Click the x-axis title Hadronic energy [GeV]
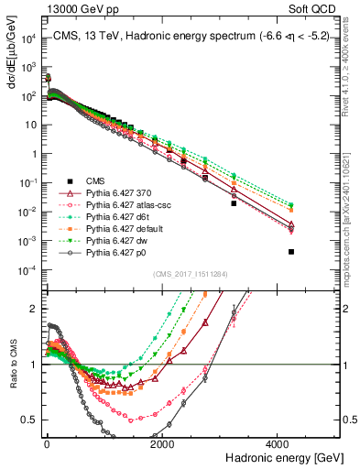[x=286, y=456]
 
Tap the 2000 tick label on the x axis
[x=162, y=442]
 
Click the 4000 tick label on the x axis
[x=278, y=442]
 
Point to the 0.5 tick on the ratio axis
[x=28, y=420]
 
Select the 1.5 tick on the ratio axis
[x=28, y=336]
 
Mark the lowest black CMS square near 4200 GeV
[x=291, y=251]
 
